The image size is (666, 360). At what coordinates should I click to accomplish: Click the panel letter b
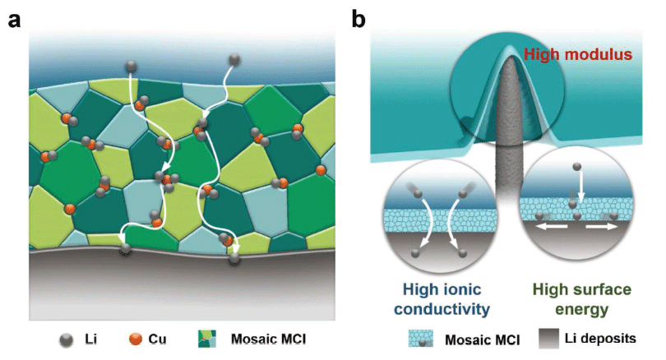[359, 18]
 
